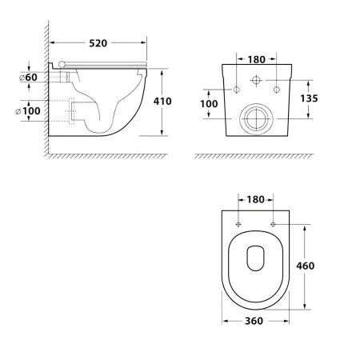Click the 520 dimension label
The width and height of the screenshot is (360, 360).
click(98, 43)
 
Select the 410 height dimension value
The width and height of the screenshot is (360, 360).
click(162, 101)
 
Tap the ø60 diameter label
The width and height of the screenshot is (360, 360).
click(28, 78)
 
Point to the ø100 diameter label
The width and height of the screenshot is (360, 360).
click(28, 111)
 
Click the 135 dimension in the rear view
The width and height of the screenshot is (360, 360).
click(309, 98)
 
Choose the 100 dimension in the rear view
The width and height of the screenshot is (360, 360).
click(209, 104)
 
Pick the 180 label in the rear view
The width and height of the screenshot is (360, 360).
click(256, 60)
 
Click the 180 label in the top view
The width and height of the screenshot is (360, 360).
click(255, 199)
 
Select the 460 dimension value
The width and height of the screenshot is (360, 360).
click(306, 266)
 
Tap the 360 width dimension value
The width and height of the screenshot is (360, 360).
click(254, 321)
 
